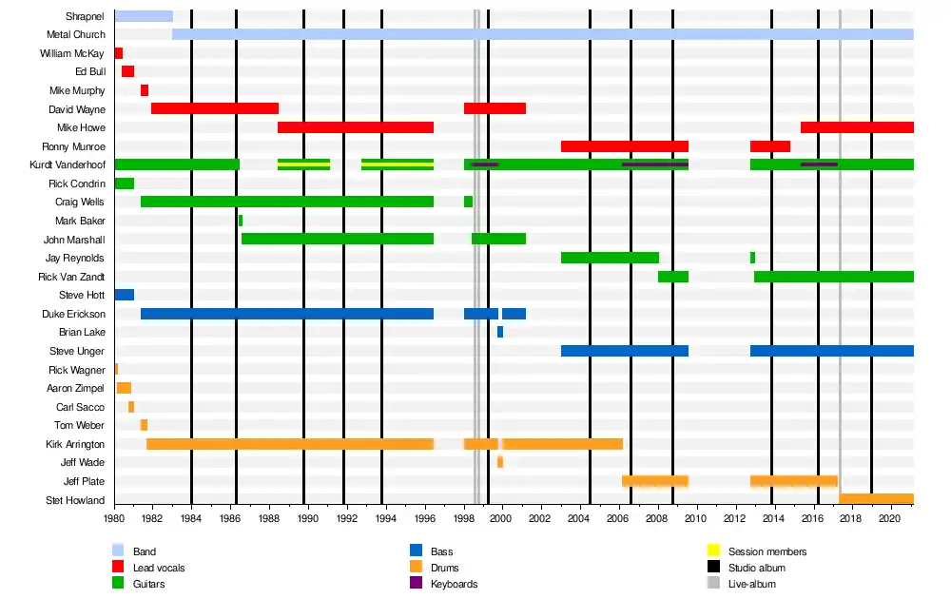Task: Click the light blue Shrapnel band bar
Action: [x=144, y=16]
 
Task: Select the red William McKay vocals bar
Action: [x=119, y=53]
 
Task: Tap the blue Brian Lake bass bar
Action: [x=500, y=332]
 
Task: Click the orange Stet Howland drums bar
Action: [x=876, y=499]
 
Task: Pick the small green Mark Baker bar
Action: [x=241, y=221]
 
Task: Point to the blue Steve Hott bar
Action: [x=125, y=295]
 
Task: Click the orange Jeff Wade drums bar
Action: [x=500, y=462]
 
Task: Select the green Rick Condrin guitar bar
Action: [x=125, y=184]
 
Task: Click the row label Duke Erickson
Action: [x=73, y=314]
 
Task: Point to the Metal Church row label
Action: [x=75, y=35]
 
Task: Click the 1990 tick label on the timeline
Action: [x=307, y=519]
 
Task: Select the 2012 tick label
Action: [x=734, y=519]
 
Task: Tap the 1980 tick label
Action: [x=114, y=519]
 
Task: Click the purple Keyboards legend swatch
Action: [x=416, y=583]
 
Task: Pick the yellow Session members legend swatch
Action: [x=713, y=551]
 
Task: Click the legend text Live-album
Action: [x=751, y=584]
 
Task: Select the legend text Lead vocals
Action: [x=160, y=568]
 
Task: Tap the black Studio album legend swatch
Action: [x=713, y=567]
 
